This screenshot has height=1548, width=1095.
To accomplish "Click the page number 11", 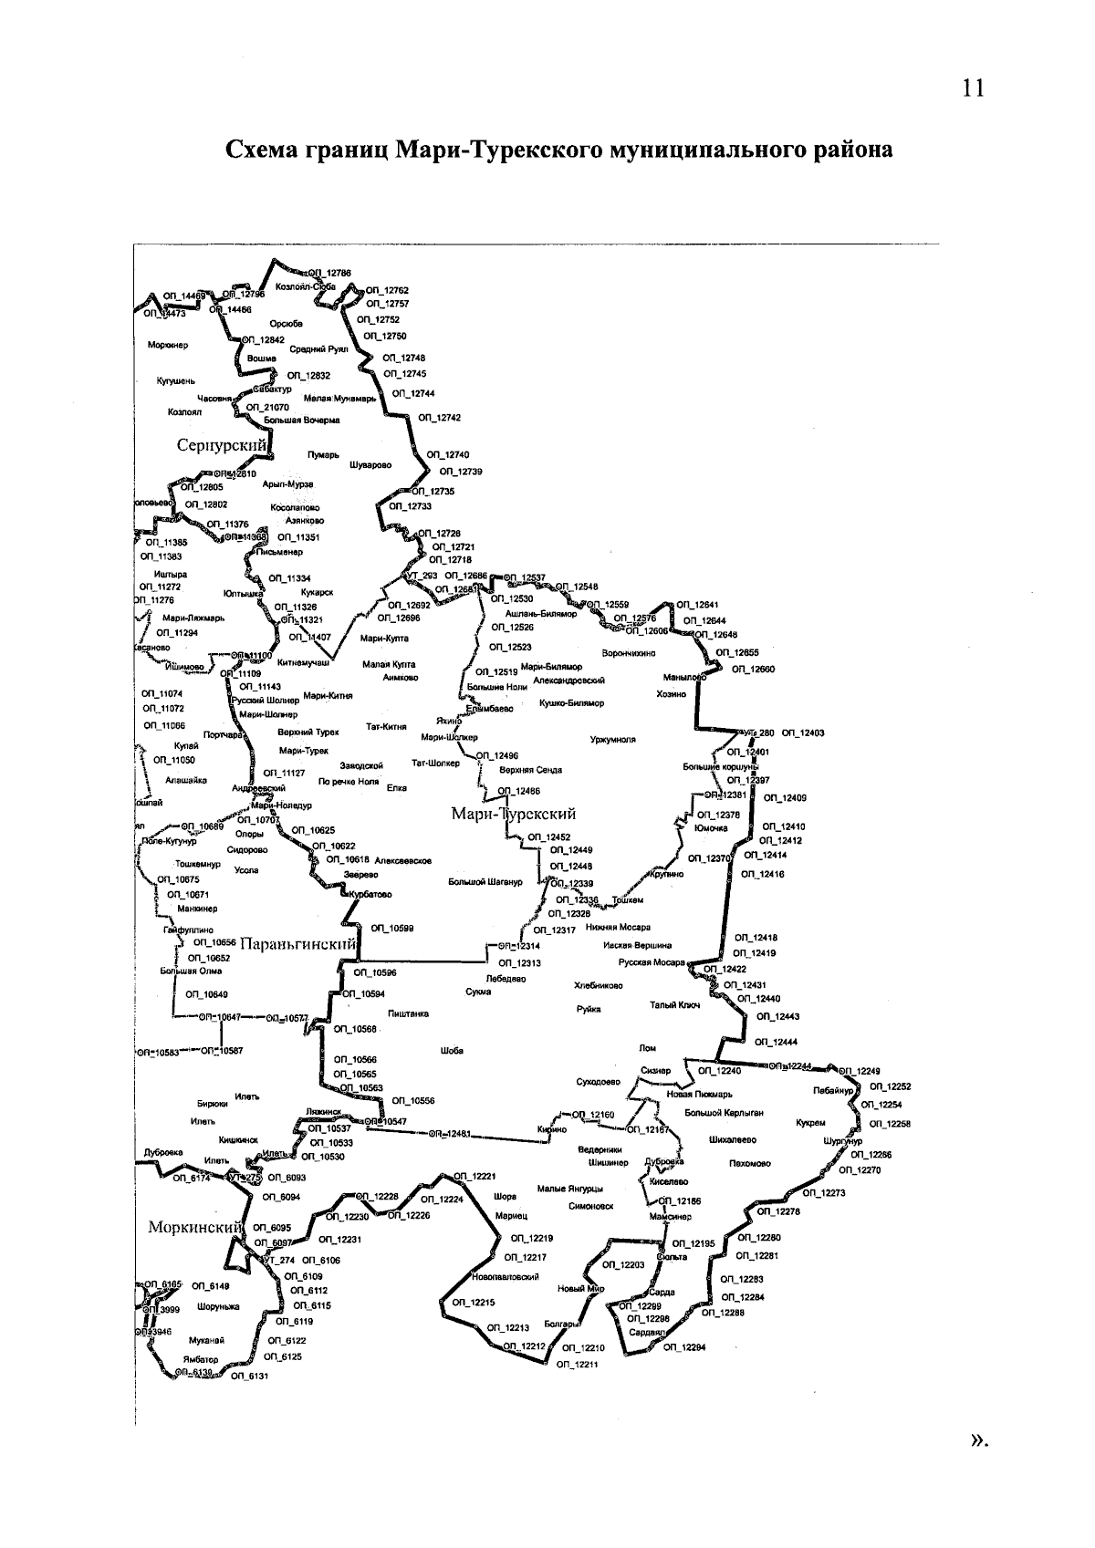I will point(973,88).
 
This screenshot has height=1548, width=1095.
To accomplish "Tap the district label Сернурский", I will point(222,445).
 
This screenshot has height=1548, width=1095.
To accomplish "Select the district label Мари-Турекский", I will point(514,814).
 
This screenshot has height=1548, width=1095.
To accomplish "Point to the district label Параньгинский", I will point(297,945).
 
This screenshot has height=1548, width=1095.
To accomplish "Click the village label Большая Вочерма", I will point(301,421).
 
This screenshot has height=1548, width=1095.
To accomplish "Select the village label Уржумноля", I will point(613,740).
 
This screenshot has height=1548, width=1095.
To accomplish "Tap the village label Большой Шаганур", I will point(485,882).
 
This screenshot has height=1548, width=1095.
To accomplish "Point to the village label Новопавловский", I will point(506,1277).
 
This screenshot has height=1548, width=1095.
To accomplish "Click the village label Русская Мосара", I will point(652,962).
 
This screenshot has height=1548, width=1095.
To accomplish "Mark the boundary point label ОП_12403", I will point(803,732).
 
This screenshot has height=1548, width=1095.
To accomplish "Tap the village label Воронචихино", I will point(629,653).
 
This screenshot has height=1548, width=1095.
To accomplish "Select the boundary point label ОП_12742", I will point(440,418).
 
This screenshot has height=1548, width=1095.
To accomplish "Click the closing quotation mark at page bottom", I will point(979,1439).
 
